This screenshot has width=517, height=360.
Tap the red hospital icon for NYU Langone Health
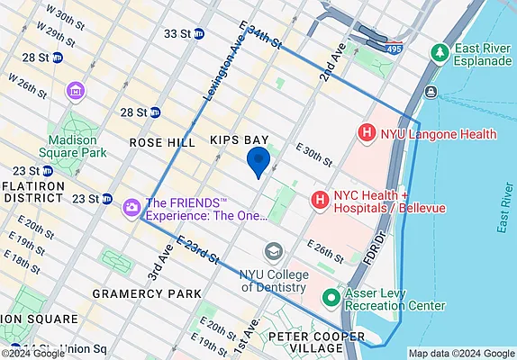point(367,134)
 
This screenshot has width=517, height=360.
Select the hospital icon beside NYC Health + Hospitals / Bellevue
point(318,198)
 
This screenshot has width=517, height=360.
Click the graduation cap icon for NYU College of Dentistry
point(272,249)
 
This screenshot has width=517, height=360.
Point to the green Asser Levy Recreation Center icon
point(331,297)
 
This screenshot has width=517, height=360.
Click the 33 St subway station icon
point(199,34)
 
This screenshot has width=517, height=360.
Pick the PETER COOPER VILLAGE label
point(317,344)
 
